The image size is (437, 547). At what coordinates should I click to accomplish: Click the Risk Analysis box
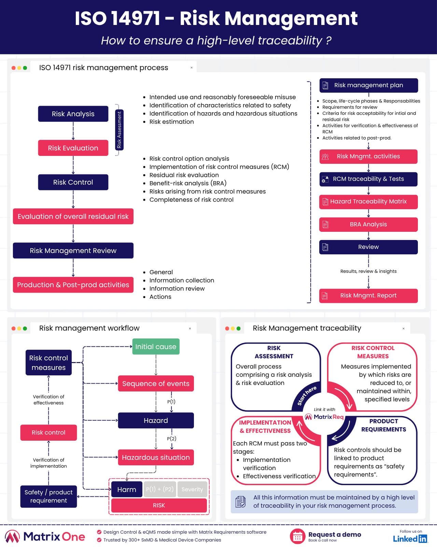coord(73,114)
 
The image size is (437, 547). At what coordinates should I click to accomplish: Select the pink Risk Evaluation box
coord(73,148)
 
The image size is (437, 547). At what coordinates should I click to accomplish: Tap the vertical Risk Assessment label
coord(119,130)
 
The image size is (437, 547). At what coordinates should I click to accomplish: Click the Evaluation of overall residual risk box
coord(73,216)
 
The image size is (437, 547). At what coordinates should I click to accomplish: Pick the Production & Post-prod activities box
coord(73,285)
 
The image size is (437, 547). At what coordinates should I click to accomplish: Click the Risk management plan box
coord(368,85)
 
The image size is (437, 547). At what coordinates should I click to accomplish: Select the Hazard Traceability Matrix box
coord(368,202)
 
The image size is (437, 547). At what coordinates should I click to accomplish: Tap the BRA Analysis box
coord(368,224)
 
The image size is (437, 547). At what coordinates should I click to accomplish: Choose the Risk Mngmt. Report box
coord(368,295)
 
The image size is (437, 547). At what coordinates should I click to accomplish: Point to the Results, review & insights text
coord(368,271)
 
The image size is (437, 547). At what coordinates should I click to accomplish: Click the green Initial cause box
coord(156,347)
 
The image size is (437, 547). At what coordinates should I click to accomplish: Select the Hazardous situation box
coord(156,457)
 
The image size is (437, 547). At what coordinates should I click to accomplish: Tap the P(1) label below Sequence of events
coord(171,402)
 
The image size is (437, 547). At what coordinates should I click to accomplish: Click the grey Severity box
coord(192,489)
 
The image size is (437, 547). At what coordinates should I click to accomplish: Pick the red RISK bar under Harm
coord(159,505)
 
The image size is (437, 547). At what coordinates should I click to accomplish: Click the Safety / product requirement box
coord(48,496)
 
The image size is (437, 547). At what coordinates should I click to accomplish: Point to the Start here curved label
coord(307,396)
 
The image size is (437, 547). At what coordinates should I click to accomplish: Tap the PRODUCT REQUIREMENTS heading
coord(383,425)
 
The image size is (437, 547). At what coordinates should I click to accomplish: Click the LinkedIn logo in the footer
coord(410,539)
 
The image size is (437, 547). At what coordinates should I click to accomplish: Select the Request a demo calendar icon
coord(297,536)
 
